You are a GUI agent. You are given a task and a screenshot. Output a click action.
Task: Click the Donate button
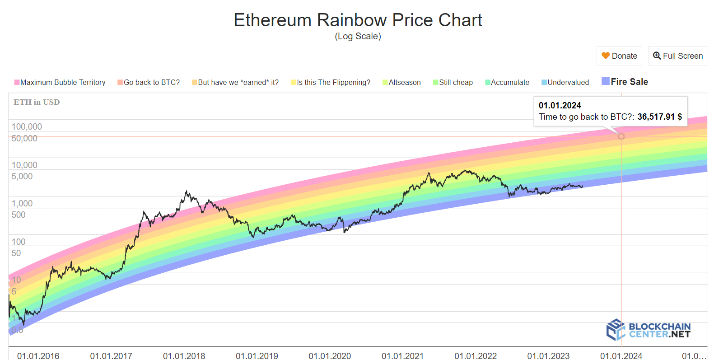(x=619, y=56)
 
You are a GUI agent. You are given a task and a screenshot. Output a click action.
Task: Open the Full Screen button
(x=678, y=56)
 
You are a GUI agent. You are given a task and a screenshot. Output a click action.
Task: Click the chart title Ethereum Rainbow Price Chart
(x=358, y=20)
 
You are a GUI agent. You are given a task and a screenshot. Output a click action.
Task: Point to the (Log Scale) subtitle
(x=358, y=37)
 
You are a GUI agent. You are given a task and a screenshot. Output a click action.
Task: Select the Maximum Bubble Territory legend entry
(x=60, y=82)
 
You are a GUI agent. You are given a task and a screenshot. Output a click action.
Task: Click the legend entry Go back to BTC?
(x=149, y=82)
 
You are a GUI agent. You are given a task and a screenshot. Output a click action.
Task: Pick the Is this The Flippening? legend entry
(x=331, y=82)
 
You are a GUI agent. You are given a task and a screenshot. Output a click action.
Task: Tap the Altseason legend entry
(x=401, y=82)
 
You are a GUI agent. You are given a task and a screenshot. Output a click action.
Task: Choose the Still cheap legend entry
(x=453, y=82)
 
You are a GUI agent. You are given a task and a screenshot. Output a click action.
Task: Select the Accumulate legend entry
(x=507, y=82)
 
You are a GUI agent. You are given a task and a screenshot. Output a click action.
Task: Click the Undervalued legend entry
(x=565, y=82)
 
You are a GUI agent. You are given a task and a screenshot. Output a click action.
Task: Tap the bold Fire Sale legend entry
(x=625, y=82)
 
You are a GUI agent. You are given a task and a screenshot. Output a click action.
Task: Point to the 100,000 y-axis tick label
(x=27, y=127)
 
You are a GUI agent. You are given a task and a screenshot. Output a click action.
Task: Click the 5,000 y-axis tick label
(x=22, y=177)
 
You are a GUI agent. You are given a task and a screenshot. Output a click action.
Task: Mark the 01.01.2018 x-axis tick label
(x=184, y=356)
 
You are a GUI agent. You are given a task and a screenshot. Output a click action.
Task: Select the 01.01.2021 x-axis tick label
(x=402, y=356)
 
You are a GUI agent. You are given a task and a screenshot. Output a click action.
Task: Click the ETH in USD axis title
(x=37, y=102)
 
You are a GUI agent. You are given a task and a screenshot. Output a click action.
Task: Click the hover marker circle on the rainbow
(x=621, y=136)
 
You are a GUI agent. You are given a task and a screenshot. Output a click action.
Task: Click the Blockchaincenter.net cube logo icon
(x=616, y=329)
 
